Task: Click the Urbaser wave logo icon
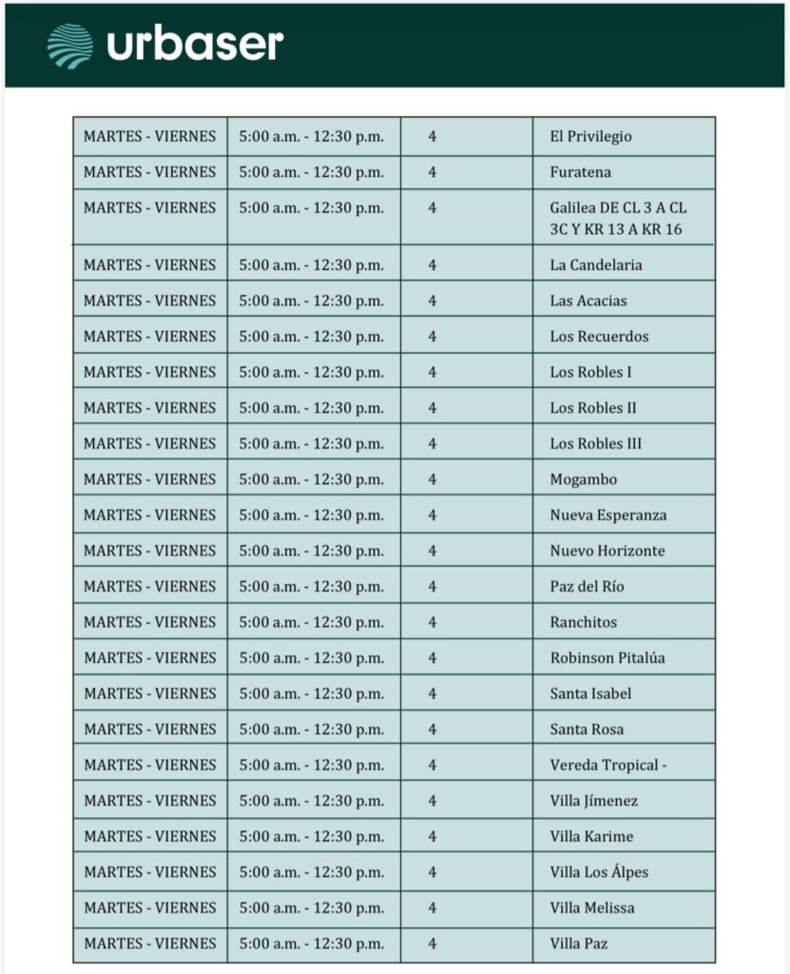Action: [70, 45]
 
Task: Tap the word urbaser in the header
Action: [195, 45]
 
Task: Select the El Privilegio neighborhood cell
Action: [590, 137]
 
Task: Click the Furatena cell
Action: [580, 172]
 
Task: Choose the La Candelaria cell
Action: [595, 264]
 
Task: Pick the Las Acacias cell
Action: [588, 301]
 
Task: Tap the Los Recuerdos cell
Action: [599, 337]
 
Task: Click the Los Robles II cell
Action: [592, 408]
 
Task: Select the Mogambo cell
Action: [583, 479]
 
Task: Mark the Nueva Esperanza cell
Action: [607, 516]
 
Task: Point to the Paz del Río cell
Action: [587, 587]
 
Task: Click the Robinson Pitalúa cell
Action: [607, 658]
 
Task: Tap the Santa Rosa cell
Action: [587, 730]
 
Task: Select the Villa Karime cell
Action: [591, 837]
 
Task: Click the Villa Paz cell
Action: [578, 944]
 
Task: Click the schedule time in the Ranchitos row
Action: [312, 622]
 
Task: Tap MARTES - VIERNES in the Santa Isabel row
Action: [149, 693]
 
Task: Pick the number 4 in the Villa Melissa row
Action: [433, 908]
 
